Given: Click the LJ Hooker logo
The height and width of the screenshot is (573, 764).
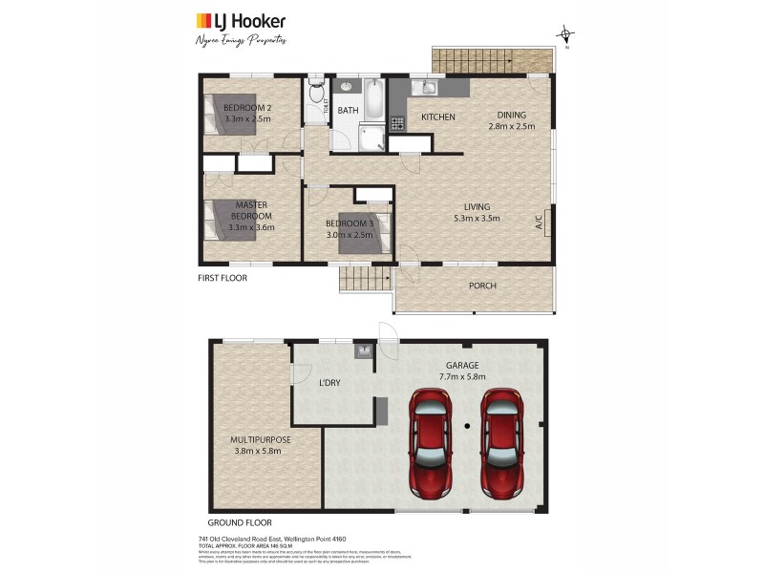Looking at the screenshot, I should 241,21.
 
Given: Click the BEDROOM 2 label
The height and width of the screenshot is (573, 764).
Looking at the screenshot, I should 247,108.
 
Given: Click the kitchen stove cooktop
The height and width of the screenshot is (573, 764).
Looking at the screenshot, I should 395,121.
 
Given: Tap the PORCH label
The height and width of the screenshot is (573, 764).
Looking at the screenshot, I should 482,286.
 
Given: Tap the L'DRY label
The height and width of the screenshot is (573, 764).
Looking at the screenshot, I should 329,383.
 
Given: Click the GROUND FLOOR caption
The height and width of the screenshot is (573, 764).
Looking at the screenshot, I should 240,522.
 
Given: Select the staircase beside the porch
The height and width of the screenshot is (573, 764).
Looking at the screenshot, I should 365,279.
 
